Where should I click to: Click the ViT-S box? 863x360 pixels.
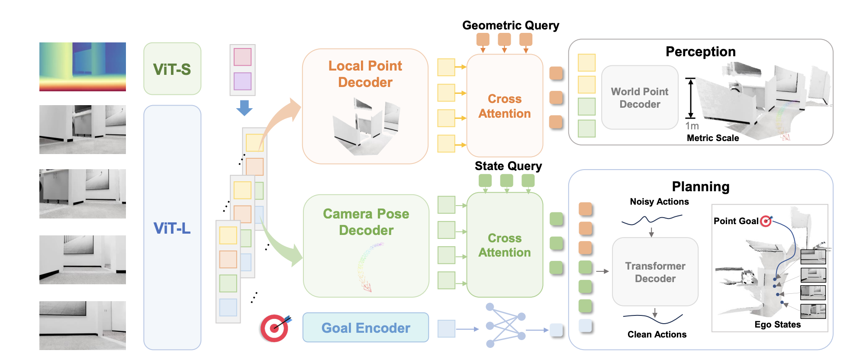(x=172, y=69)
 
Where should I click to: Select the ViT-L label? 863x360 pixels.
(x=172, y=228)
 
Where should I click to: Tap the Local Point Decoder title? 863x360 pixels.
(x=365, y=74)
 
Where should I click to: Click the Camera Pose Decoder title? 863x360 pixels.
(x=366, y=222)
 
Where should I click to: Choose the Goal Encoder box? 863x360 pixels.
(x=365, y=328)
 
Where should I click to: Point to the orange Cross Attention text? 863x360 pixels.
(x=504, y=106)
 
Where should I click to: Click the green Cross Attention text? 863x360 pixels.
(x=504, y=245)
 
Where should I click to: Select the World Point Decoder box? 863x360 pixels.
(x=639, y=98)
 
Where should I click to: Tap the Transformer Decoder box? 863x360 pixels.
(x=655, y=272)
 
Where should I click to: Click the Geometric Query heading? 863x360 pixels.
(x=510, y=26)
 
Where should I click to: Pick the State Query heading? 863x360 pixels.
(x=508, y=166)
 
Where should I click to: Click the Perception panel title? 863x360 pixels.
(x=700, y=52)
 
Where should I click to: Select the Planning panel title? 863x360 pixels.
(x=700, y=186)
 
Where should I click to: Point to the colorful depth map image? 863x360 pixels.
(x=83, y=67)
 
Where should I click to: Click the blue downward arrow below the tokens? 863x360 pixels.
(x=244, y=108)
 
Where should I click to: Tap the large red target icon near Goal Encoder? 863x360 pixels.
(x=274, y=328)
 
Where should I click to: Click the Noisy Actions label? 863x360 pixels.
(x=659, y=202)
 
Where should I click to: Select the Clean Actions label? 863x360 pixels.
(x=657, y=334)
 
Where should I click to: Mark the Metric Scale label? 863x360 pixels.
(x=712, y=138)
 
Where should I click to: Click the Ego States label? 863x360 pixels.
(x=777, y=325)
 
